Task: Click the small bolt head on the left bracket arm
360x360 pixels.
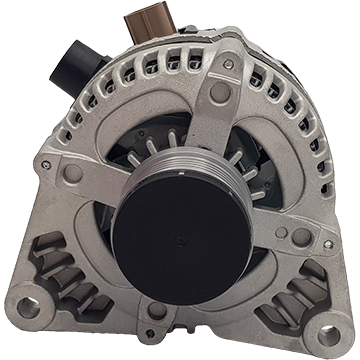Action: [44, 164]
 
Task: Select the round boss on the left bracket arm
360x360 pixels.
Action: [72, 173]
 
